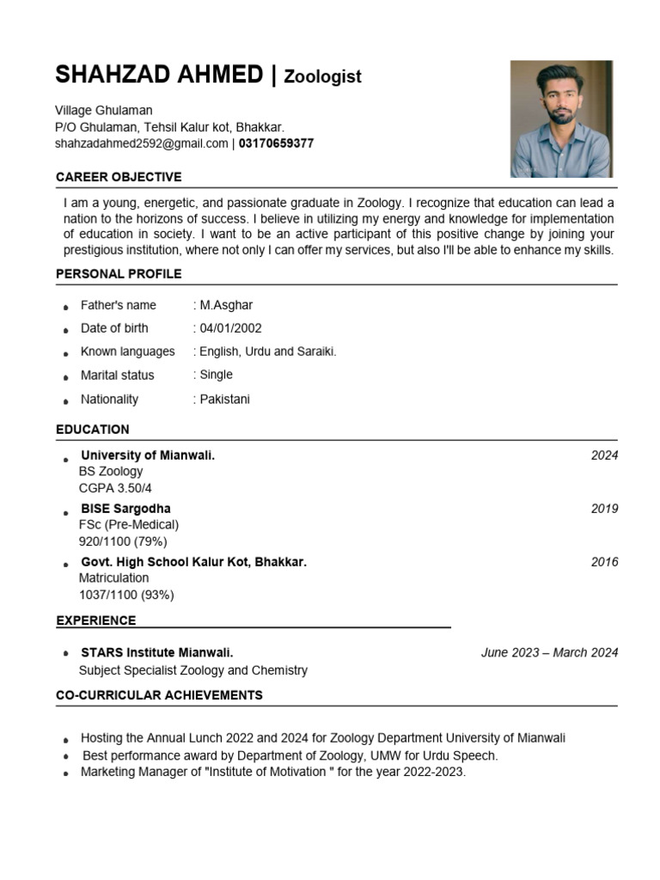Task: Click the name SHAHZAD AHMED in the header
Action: [x=159, y=75]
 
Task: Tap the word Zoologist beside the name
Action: [x=322, y=76]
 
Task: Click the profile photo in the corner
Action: [x=560, y=119]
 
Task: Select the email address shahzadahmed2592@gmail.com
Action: [x=142, y=144]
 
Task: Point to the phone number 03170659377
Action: [x=276, y=144]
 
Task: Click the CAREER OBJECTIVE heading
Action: [x=119, y=177]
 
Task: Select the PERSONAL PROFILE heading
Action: [x=119, y=274]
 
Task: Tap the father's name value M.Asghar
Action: [x=225, y=305]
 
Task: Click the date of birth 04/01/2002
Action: [x=229, y=328]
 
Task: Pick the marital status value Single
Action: [x=215, y=375]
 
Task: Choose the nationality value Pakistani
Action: [x=223, y=400]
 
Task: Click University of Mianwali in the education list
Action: [x=147, y=455]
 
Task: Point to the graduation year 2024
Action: [x=604, y=455]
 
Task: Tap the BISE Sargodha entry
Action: [x=125, y=509]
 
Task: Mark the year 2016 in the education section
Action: [x=604, y=562]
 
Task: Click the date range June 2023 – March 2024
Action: [x=549, y=652]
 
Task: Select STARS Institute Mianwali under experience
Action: [x=156, y=652]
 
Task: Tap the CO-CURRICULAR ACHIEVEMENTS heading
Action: [x=159, y=694]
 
